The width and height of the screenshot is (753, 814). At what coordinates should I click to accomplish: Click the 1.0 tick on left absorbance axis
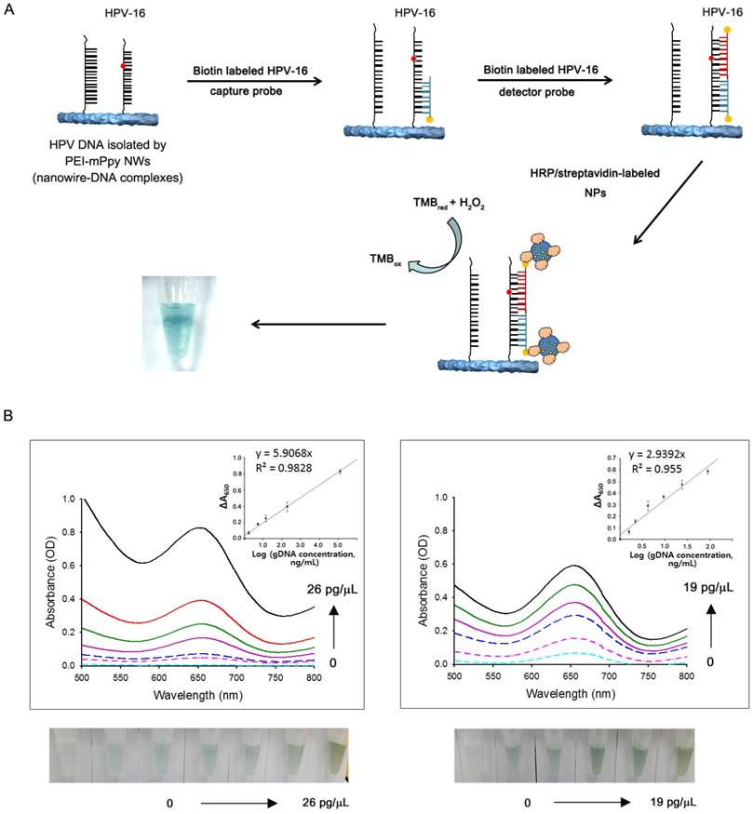[65, 500]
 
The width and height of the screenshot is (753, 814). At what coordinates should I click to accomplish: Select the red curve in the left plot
[140, 621]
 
